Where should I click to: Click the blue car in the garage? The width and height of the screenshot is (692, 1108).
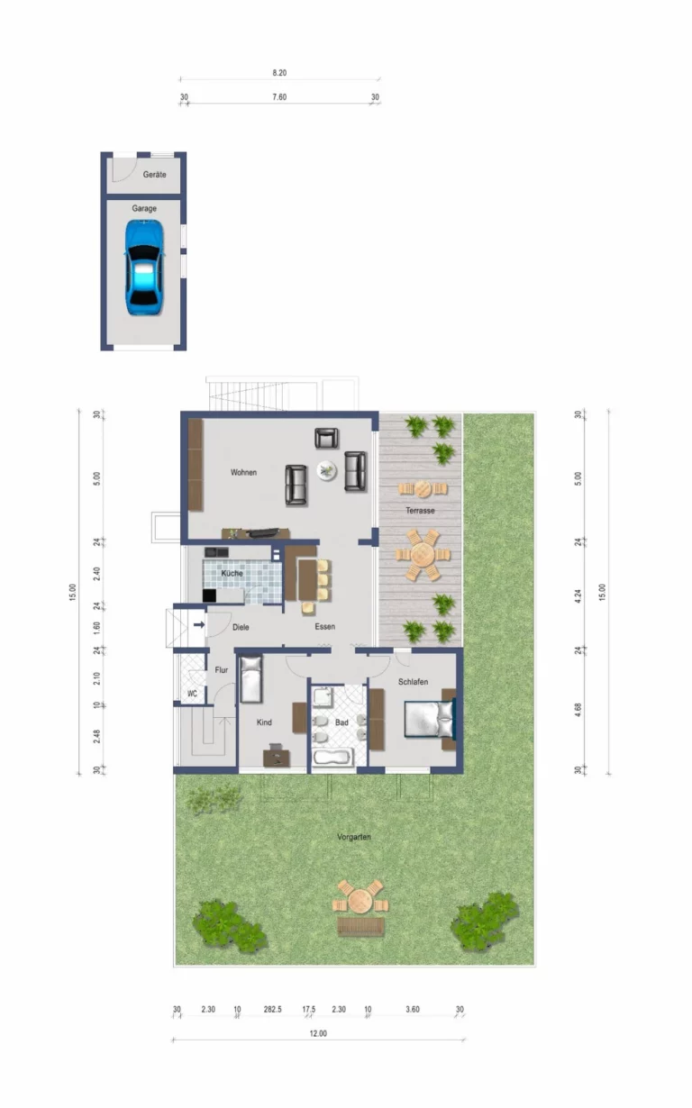coord(144,268)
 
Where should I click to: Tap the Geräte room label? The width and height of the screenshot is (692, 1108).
coord(154,175)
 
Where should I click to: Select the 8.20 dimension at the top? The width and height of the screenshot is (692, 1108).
coord(279,73)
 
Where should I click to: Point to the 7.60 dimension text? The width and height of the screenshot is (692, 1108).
coord(279,97)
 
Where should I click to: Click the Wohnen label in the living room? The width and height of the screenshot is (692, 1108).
coord(243,472)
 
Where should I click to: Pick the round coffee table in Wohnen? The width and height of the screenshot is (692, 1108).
coord(326,470)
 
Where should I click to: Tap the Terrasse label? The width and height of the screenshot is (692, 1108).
coord(420,511)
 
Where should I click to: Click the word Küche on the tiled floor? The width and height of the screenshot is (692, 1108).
coord(232,573)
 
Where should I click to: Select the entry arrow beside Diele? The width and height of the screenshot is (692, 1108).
coord(199,625)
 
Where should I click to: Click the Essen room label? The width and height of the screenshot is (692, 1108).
coord(325,627)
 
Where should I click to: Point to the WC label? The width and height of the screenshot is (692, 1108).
coord(192,694)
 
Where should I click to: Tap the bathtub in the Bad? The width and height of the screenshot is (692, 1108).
coord(332,757)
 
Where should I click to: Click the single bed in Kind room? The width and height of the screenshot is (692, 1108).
coord(250,679)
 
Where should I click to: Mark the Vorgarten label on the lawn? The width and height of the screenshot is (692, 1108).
coord(354,837)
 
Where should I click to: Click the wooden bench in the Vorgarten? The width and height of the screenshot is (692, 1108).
coord(360,926)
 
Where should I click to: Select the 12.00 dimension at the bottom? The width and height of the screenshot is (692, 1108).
coord(318,1033)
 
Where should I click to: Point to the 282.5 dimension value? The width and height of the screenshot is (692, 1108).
coord(272,1009)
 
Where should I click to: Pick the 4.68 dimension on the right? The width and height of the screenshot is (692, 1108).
coord(578,710)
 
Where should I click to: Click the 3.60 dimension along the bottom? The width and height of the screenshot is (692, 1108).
coord(412,1009)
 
